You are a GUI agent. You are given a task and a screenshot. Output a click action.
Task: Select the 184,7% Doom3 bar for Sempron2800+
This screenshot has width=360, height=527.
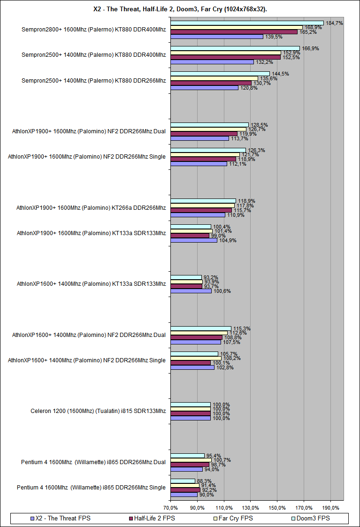click(x=247, y=23)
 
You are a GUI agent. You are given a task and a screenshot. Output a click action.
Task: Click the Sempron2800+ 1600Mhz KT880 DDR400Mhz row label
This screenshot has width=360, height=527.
click(x=93, y=29)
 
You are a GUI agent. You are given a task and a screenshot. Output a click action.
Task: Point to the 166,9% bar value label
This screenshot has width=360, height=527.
click(x=309, y=48)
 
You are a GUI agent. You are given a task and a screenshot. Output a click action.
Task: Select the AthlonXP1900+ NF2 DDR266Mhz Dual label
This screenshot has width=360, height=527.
click(x=89, y=131)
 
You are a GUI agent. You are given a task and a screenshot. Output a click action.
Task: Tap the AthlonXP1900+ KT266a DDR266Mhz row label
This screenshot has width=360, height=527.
click(x=91, y=207)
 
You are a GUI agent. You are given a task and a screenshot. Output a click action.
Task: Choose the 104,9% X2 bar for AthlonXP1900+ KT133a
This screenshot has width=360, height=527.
click(x=194, y=240)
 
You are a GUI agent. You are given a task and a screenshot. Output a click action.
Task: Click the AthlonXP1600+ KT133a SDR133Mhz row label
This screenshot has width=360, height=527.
click(x=91, y=283)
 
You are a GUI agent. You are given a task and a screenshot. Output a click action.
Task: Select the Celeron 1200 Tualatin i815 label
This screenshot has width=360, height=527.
click(x=98, y=411)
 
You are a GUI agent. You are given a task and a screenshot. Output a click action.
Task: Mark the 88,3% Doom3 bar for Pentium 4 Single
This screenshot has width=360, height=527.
click(x=183, y=481)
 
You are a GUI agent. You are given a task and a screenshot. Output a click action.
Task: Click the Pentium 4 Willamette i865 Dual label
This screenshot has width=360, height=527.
click(x=93, y=462)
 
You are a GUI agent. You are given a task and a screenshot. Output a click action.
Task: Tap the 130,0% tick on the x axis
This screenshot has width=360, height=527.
click(x=251, y=508)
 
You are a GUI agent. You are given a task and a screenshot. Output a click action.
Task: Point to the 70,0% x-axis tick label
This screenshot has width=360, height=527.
click(x=170, y=508)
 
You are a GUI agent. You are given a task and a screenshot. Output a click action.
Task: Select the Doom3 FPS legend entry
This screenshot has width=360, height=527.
click(x=314, y=519)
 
